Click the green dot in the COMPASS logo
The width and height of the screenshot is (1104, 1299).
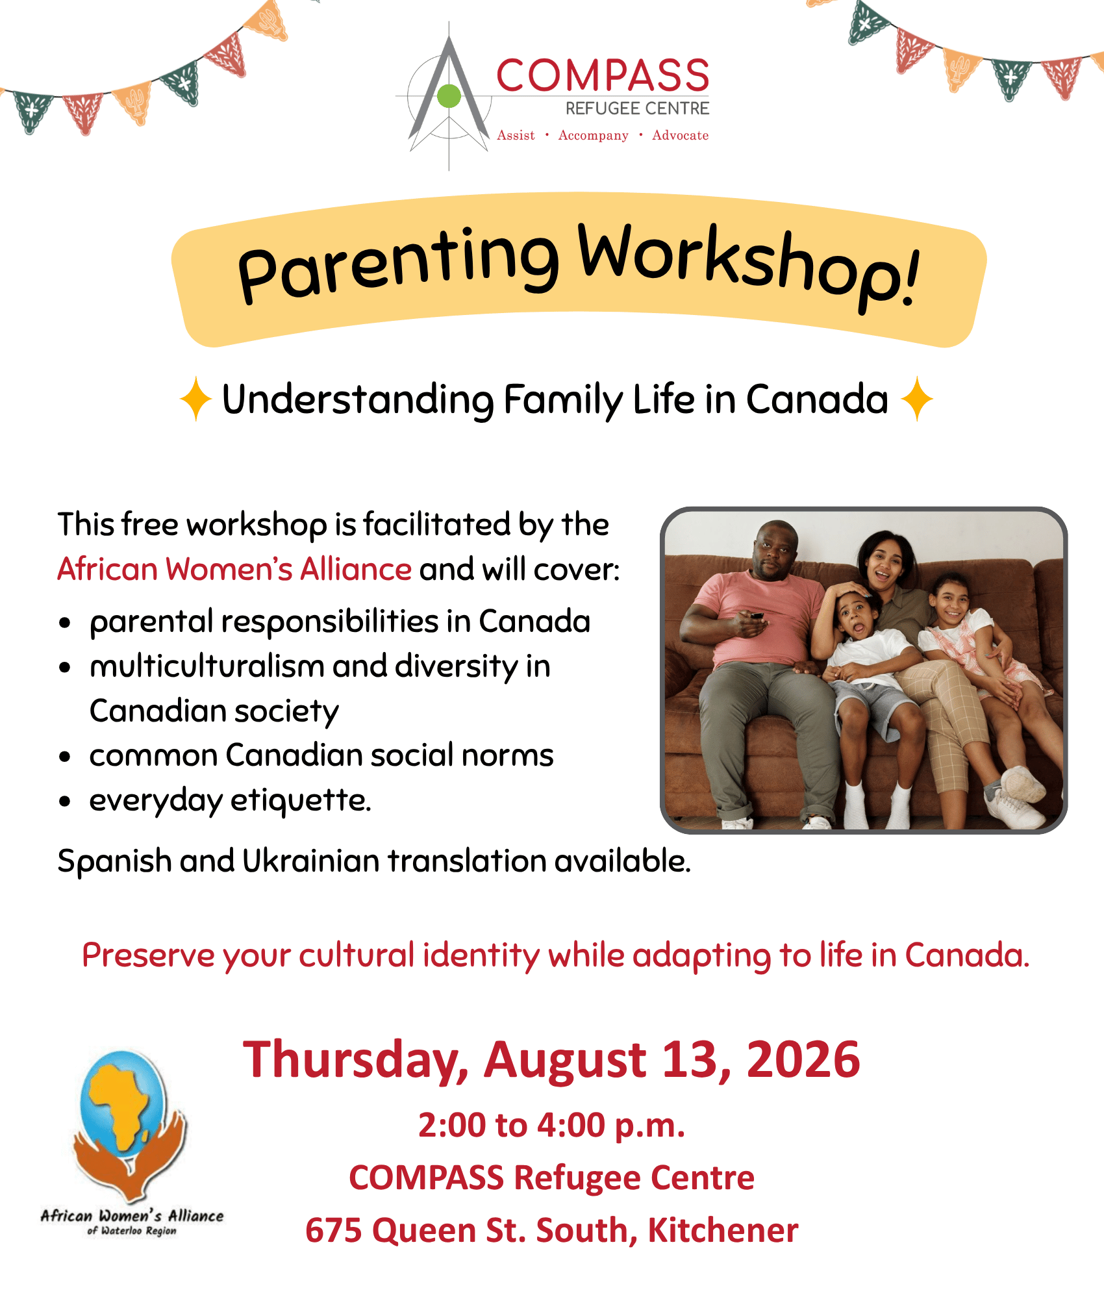(449, 96)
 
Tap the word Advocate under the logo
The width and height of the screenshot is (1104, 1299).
(680, 135)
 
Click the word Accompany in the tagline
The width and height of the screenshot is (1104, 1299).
(594, 136)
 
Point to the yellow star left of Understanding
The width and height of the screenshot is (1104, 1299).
(195, 399)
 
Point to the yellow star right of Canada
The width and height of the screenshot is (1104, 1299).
(917, 399)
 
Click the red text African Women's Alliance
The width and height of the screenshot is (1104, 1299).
(234, 569)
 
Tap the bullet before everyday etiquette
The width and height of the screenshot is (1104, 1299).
(64, 801)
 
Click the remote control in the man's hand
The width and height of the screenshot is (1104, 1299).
(757, 615)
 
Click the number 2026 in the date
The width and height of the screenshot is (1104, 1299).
(803, 1059)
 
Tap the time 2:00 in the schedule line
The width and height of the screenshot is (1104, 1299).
(453, 1126)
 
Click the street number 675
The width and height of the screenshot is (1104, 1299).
(334, 1231)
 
